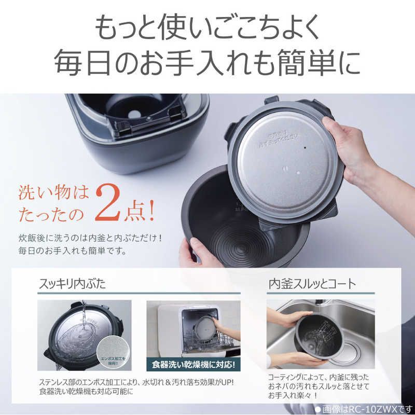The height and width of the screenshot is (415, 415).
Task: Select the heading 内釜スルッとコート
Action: (312, 284)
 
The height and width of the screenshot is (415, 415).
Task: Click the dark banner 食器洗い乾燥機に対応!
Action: (193, 364)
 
